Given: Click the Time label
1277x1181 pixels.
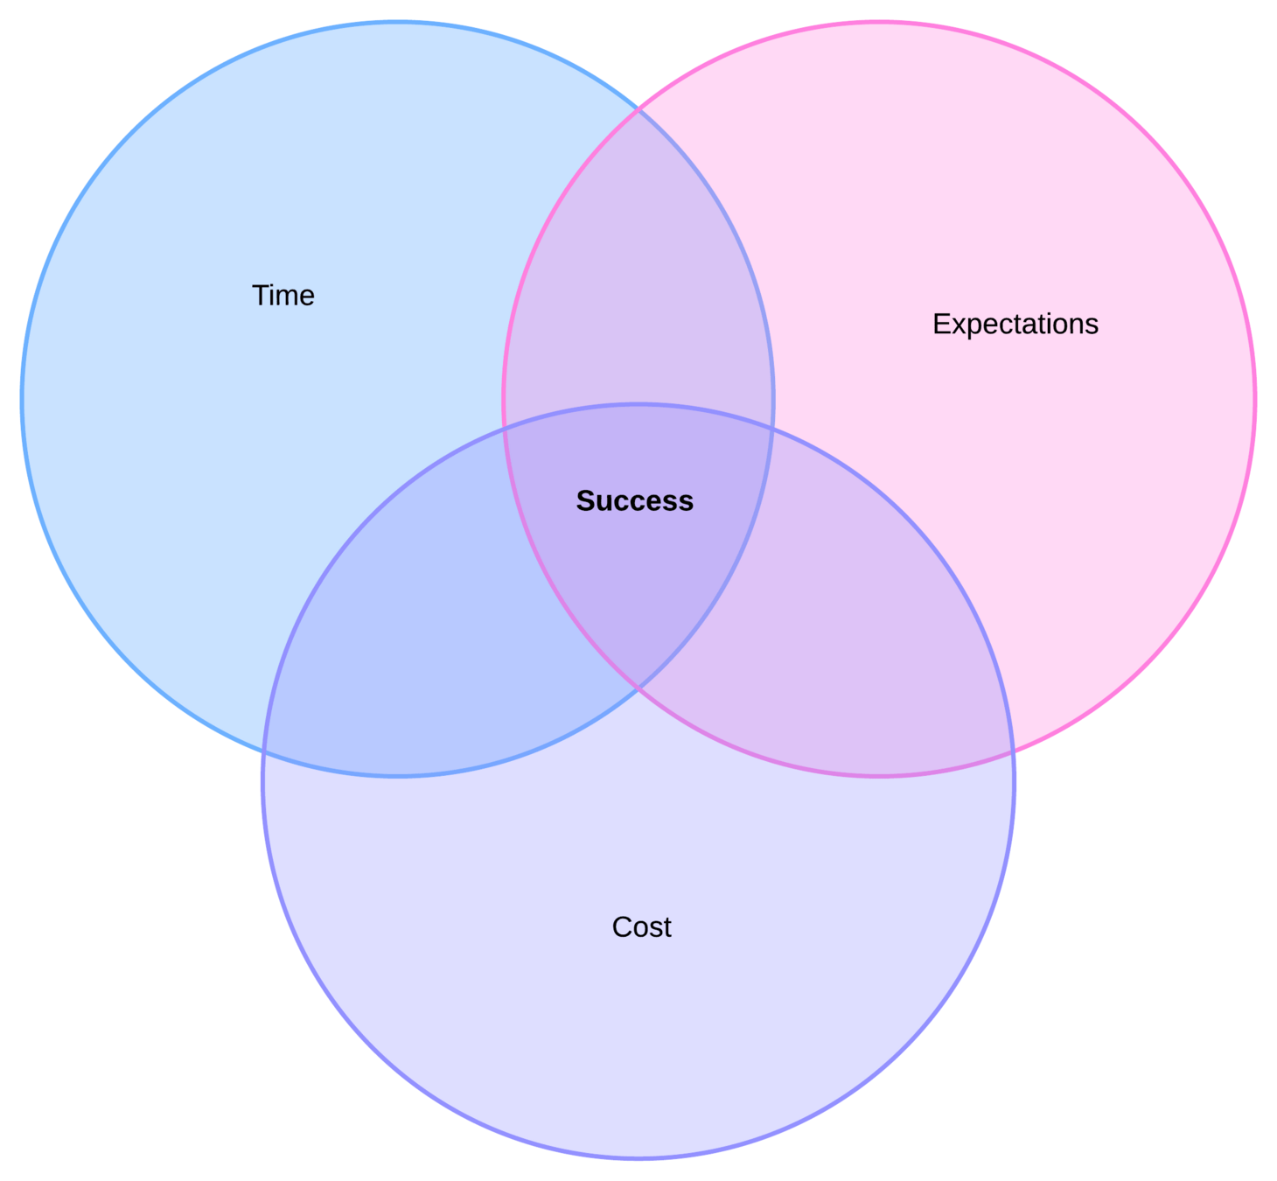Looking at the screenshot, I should [283, 296].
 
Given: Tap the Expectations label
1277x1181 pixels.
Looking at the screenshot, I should [1015, 325].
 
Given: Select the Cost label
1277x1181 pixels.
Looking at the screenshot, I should [641, 927].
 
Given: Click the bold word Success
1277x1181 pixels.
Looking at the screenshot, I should [634, 501].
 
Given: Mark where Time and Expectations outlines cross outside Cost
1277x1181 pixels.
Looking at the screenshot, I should [638, 110].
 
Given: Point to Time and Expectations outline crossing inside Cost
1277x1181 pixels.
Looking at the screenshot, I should [638, 688].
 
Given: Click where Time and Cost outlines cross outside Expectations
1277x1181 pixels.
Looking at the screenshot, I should [263, 751].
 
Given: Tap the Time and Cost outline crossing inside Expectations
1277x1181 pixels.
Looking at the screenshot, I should [772, 428].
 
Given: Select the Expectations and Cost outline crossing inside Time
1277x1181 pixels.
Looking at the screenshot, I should [505, 428].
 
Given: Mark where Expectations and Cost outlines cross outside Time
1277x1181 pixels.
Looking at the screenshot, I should [1013, 751].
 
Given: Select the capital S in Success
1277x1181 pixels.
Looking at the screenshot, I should [584, 501].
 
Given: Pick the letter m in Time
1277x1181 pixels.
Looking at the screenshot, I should [287, 297].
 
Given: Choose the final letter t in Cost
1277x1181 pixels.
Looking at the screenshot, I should [667, 927].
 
